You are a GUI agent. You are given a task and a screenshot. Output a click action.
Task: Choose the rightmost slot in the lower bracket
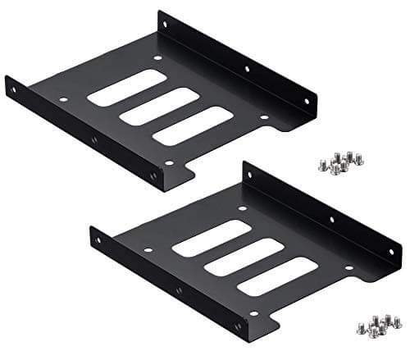coord(276,275)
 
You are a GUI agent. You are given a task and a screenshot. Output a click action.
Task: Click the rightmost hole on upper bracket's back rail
coord(307,103)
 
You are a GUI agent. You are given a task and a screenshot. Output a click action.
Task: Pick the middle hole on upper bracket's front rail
coord(94,140)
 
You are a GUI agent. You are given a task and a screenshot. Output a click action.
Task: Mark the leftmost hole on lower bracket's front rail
coord(100,241)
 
